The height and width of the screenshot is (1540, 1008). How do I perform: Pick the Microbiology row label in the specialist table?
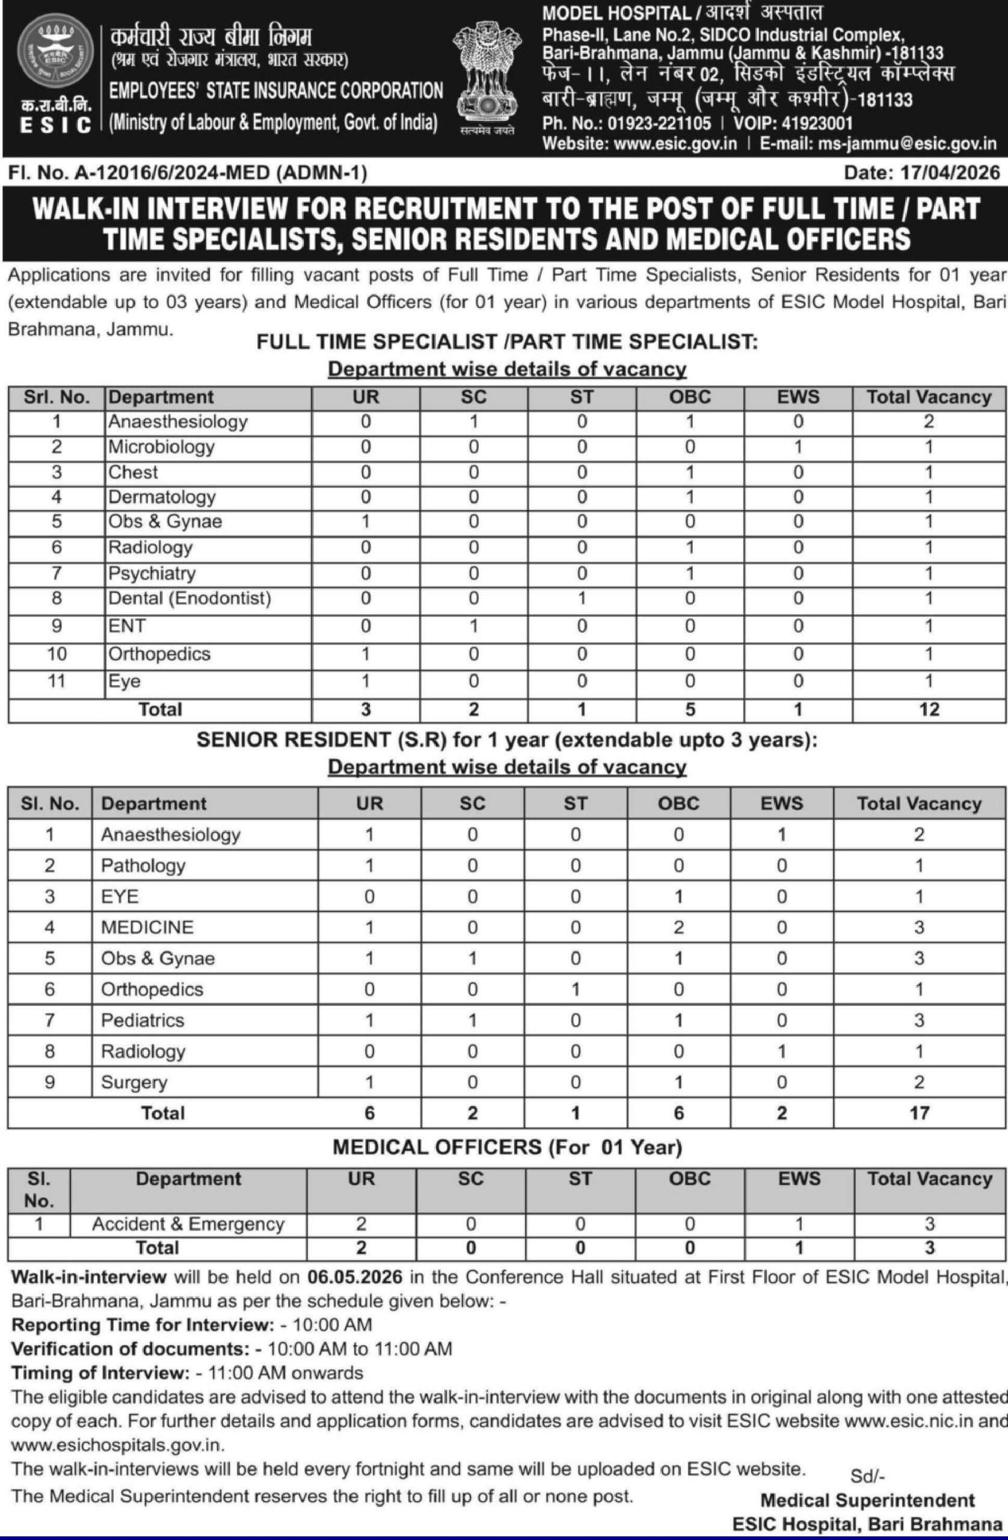click(x=161, y=446)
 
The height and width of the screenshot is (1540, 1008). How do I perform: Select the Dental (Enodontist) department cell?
click(x=189, y=598)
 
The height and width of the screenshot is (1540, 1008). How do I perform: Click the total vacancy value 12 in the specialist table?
click(x=929, y=709)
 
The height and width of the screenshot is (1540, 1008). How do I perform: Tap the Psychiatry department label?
click(x=152, y=573)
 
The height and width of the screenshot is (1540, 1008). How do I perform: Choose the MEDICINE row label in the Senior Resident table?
click(x=147, y=927)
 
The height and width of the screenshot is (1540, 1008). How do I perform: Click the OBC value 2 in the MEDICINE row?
click(x=678, y=927)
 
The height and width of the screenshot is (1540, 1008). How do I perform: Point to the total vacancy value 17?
click(x=919, y=1113)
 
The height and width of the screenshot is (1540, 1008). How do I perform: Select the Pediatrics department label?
click(x=143, y=1020)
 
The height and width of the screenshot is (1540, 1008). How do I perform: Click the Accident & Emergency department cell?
click(x=188, y=1224)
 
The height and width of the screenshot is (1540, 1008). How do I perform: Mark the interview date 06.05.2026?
click(x=355, y=1277)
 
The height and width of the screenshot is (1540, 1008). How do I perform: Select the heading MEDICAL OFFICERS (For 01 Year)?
click(x=507, y=1147)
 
